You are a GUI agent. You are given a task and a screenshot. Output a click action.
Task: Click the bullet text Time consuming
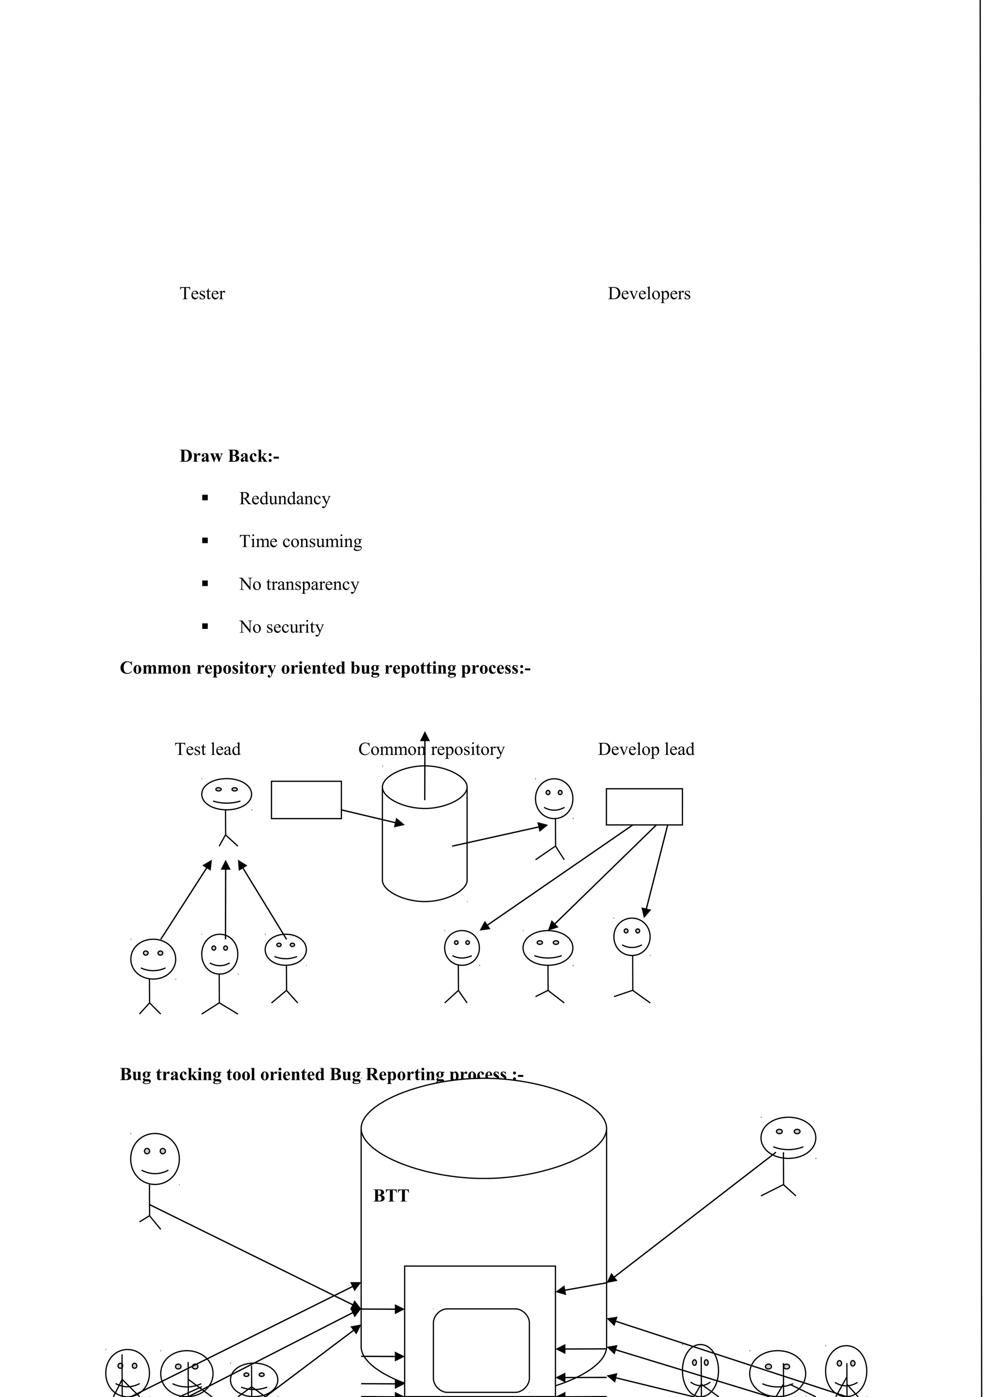[x=300, y=541]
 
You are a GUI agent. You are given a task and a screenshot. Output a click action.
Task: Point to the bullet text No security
[x=281, y=627]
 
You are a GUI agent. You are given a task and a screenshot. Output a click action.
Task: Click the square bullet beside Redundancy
[x=205, y=497]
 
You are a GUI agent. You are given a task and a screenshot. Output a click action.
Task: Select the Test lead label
[x=207, y=749]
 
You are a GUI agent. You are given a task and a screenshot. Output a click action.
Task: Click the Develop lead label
[x=646, y=749]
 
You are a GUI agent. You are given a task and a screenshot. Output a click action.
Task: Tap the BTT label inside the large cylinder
[x=391, y=1196]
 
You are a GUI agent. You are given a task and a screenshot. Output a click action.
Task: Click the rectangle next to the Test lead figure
[x=306, y=800]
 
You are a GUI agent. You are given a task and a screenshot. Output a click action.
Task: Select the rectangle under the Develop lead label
[x=644, y=807]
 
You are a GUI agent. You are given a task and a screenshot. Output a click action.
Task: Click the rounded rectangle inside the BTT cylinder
[x=481, y=1350]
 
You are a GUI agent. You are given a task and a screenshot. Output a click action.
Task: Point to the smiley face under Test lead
[x=226, y=794]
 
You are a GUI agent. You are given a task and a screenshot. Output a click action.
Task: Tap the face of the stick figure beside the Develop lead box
[x=554, y=799]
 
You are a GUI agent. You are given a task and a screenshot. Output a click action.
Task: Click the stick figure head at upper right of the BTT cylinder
[x=788, y=1138]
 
